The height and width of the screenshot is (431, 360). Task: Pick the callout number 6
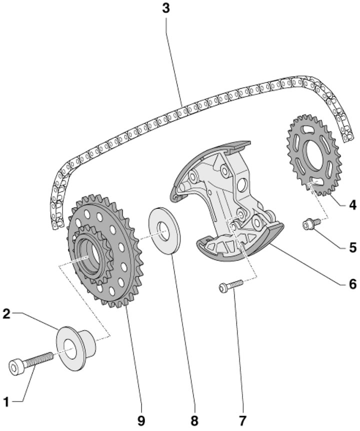pyautogui.click(x=353, y=284)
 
